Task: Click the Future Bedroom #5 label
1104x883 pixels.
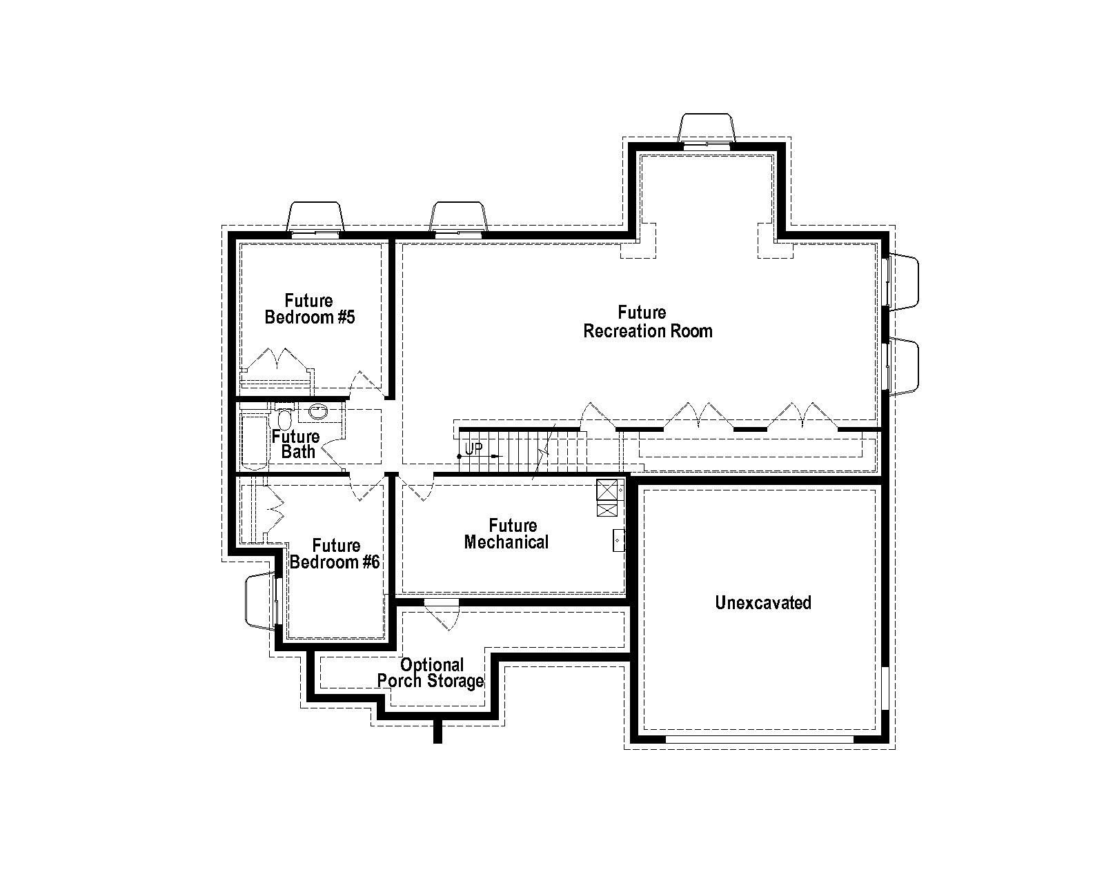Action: (309, 309)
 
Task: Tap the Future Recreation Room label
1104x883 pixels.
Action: (647, 322)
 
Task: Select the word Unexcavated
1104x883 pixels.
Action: (762, 603)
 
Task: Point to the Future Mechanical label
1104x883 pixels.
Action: (506, 534)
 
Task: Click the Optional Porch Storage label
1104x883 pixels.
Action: (431, 673)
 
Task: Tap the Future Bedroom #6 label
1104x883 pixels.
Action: (335, 554)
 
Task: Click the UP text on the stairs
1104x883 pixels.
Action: (473, 448)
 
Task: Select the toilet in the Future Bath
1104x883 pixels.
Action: (284, 419)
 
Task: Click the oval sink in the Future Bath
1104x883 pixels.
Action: (318, 413)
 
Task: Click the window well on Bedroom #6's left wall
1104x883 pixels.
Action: (261, 600)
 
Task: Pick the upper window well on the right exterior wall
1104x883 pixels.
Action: (904, 281)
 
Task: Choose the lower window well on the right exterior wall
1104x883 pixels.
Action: (904, 366)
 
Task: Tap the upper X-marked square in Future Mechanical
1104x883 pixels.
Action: (607, 490)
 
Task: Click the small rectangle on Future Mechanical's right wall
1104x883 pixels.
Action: (618, 540)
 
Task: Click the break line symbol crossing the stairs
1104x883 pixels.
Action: (545, 452)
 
